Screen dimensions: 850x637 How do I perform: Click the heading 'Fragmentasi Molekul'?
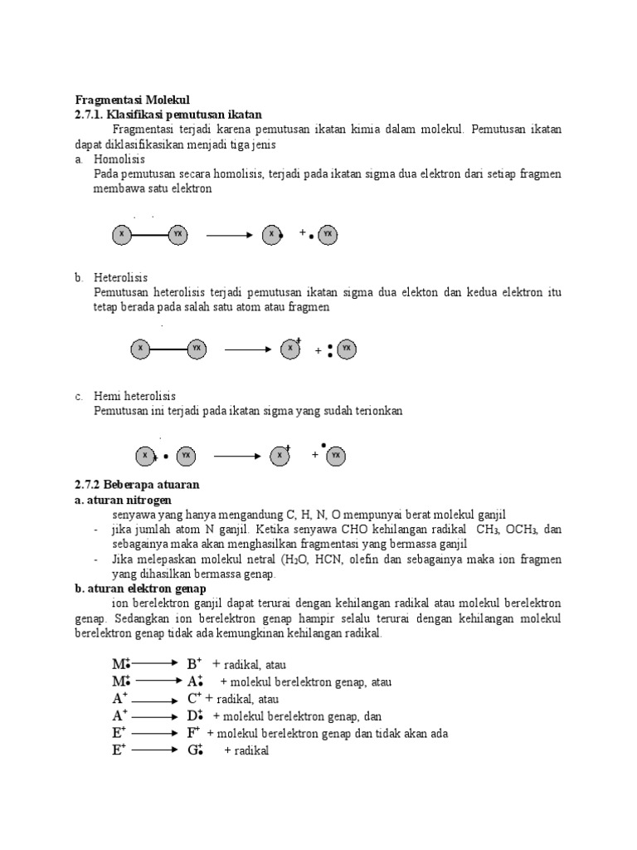click(133, 99)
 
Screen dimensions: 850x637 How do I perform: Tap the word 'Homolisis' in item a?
click(119, 159)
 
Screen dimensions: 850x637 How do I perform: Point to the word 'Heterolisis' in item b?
click(121, 277)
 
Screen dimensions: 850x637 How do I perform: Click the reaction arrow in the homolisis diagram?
click(228, 235)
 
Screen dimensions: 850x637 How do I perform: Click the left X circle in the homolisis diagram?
click(122, 235)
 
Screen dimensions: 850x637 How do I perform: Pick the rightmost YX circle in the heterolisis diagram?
click(347, 349)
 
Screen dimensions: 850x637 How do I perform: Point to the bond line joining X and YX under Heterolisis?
click(168, 349)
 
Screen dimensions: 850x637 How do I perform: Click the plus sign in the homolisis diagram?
click(303, 233)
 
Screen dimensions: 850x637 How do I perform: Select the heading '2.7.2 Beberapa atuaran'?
click(137, 484)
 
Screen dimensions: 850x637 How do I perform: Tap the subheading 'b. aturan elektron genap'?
click(141, 588)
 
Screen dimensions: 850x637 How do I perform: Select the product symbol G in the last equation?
click(195, 750)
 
